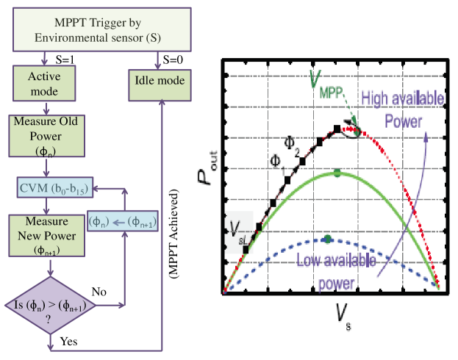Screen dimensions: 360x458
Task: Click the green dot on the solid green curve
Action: click(337, 173)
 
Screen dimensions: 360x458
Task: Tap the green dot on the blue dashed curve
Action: click(328, 239)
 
